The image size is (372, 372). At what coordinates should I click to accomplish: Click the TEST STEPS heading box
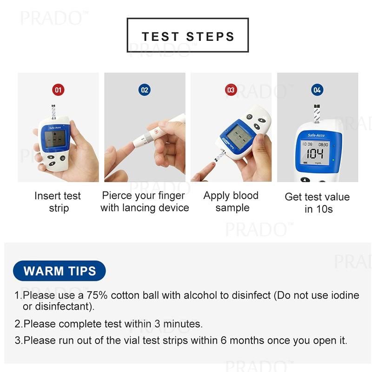click(187, 35)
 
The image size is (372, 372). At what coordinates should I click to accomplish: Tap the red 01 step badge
click(58, 89)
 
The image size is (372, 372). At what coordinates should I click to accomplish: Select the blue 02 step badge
click(145, 89)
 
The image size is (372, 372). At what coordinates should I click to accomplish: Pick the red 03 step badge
click(231, 89)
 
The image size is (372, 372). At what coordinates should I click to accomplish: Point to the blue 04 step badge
click(317, 89)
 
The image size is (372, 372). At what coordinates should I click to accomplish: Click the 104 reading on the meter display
click(315, 154)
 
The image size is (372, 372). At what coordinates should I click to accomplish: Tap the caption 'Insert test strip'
click(58, 202)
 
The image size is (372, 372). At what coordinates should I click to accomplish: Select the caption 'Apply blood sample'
click(231, 201)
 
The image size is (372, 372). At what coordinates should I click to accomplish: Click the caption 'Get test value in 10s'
click(317, 203)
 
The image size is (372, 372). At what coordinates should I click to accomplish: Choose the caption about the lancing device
click(145, 201)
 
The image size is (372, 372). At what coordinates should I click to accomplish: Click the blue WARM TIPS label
click(60, 271)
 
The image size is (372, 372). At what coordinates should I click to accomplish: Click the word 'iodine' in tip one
click(332, 295)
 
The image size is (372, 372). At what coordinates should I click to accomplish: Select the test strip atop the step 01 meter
click(52, 112)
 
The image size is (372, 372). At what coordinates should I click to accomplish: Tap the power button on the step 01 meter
click(63, 158)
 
